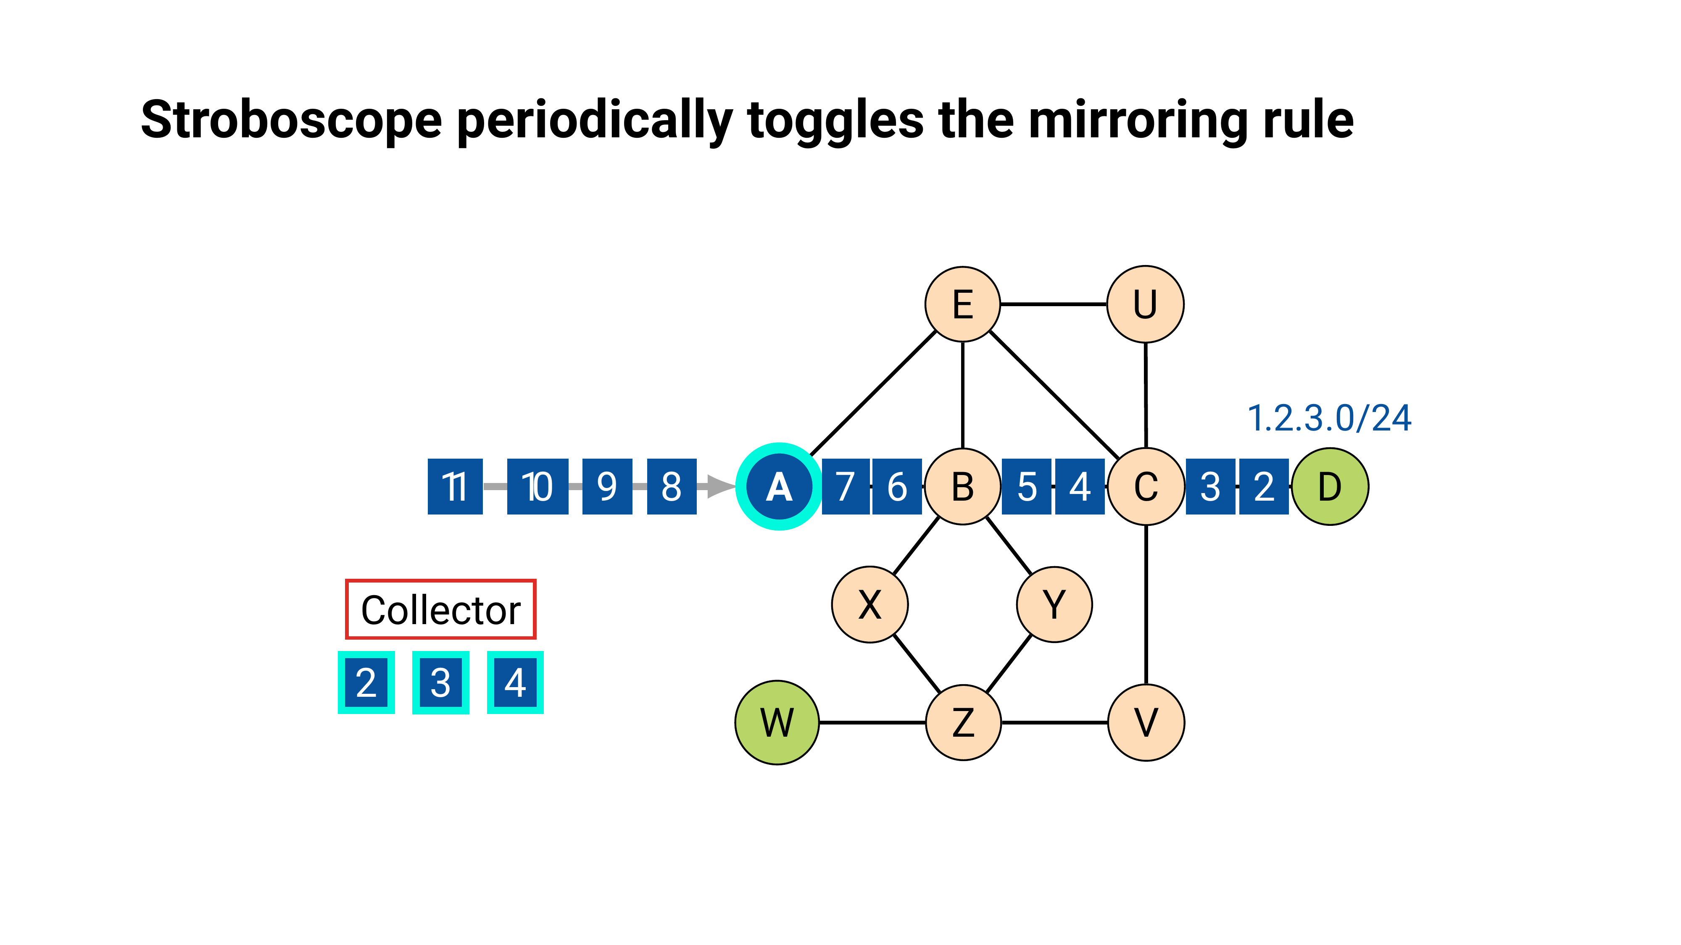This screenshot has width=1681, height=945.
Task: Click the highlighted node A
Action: coord(778,486)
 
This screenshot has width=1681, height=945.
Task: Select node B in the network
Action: coord(962,486)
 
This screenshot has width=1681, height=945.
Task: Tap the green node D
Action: coord(1329,486)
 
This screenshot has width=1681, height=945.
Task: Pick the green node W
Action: coord(777,722)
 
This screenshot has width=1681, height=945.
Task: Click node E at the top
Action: coord(962,304)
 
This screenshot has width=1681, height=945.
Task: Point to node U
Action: coord(1145,304)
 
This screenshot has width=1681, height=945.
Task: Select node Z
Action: coord(963,722)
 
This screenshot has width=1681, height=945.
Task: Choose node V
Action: coord(1146,722)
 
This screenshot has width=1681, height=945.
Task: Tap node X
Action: coord(869,604)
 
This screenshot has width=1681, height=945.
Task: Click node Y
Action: coord(1054,604)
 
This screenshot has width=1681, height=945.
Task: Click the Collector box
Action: coord(440,609)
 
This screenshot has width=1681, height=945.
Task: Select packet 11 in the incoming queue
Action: coord(455,486)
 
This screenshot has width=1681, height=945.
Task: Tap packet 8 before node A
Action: coord(672,486)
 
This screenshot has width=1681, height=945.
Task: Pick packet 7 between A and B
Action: coord(845,486)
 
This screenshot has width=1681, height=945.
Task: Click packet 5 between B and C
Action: coord(1027,486)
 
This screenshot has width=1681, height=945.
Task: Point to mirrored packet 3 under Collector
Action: coord(440,682)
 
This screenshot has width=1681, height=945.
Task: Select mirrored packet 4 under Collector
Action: coord(515,682)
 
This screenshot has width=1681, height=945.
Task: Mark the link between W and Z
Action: coord(872,722)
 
